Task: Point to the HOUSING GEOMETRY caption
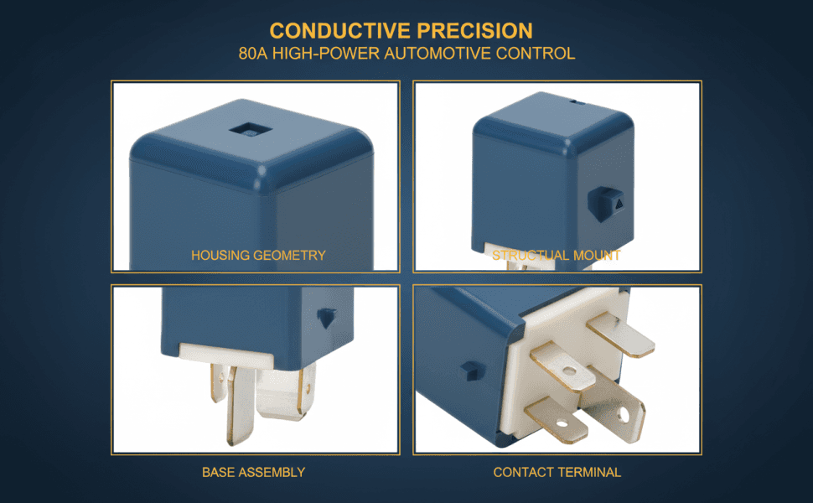(258, 255)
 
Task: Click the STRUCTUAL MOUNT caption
(557, 255)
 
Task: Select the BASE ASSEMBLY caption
(254, 473)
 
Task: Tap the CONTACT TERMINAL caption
(557, 473)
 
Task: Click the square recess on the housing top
(251, 130)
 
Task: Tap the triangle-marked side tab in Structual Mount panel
(606, 203)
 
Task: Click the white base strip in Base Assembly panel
(226, 355)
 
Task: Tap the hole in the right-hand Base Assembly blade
(307, 386)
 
